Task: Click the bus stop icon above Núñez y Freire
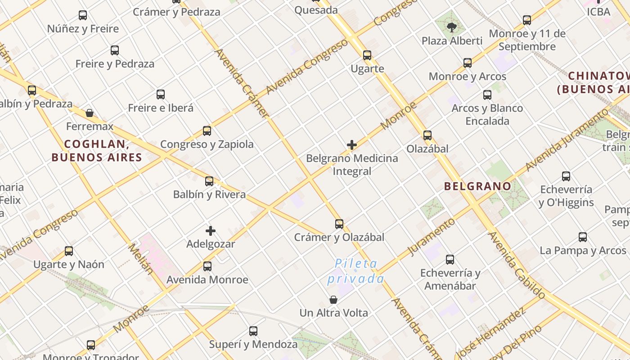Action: click(x=83, y=15)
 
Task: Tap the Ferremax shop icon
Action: click(x=90, y=113)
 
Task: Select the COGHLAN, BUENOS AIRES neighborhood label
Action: click(x=97, y=151)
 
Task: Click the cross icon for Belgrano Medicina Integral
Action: click(x=352, y=145)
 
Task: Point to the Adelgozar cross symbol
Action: click(x=210, y=231)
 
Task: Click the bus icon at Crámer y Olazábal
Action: click(x=339, y=224)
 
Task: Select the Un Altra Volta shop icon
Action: click(x=333, y=300)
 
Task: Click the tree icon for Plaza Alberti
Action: click(x=452, y=27)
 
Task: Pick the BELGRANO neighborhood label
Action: click(x=477, y=186)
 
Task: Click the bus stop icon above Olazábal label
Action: click(x=427, y=135)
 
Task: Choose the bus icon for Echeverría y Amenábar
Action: click(x=450, y=260)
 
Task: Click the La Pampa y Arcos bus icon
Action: click(x=583, y=237)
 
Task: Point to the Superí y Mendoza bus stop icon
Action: click(x=253, y=332)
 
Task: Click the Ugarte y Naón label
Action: click(x=69, y=264)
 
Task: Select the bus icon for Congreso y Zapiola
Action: click(x=207, y=131)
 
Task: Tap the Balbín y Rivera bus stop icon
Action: click(x=209, y=181)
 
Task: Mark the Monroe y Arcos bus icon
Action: click(x=468, y=63)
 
